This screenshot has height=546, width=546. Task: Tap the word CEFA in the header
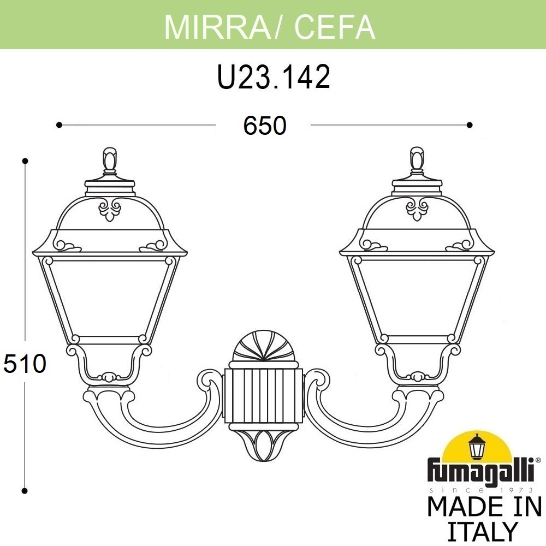(335, 26)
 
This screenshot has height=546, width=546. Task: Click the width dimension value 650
(264, 126)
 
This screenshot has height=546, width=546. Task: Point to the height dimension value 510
(24, 364)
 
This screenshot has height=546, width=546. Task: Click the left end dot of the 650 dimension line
(58, 125)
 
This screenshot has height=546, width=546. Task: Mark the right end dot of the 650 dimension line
(470, 125)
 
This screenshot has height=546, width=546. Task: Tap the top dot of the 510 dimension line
(25, 161)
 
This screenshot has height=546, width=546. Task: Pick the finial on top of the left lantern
(110, 159)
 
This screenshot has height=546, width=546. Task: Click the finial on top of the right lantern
(417, 159)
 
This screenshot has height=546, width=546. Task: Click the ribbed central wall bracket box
(263, 396)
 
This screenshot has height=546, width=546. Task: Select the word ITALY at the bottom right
(483, 531)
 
